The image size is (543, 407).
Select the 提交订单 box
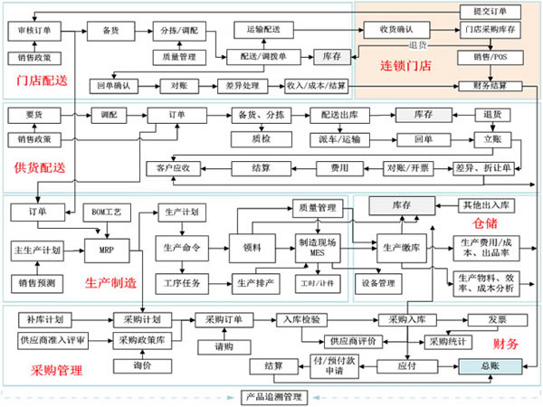click(490, 12)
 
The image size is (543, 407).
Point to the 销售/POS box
click(490, 57)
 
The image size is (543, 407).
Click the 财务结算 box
click(490, 86)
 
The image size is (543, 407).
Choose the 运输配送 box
click(263, 30)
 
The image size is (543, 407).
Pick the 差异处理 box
click(238, 86)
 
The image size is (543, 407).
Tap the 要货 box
click(34, 116)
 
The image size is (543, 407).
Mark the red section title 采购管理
click(56, 370)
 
